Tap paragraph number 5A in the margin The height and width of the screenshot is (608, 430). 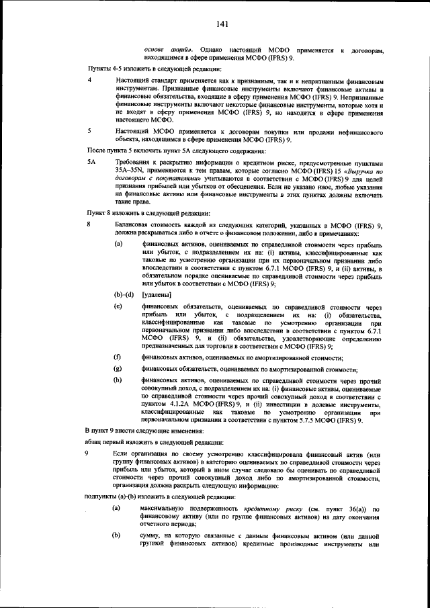(92, 163)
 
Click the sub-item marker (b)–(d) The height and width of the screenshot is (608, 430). (124, 295)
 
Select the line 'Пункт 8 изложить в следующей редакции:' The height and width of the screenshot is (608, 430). (148, 213)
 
